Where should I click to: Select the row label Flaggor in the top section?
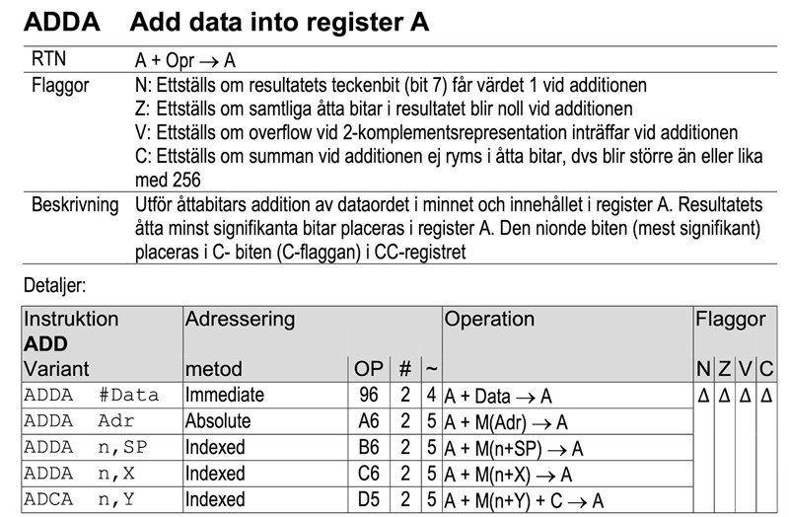(61, 85)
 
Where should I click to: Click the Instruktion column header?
(71, 319)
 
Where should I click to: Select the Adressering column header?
(240, 319)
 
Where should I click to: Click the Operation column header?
(490, 319)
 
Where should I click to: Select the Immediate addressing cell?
(225, 396)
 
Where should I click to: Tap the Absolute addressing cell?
(218, 421)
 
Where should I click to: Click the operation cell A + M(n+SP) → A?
(515, 448)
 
